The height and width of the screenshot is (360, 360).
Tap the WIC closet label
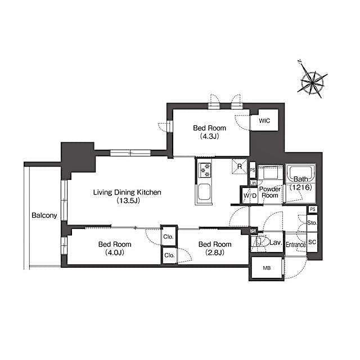coord(264,121)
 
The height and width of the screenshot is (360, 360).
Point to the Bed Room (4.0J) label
coord(115,248)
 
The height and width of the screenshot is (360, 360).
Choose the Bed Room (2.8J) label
coord(214,248)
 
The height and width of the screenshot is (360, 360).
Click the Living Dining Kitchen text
coord(127,192)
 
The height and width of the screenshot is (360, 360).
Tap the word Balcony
coord(44,215)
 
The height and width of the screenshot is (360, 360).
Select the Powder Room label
coord(270,192)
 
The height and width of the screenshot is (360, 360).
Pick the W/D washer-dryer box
coord(250,195)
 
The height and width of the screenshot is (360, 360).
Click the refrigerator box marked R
coord(239,166)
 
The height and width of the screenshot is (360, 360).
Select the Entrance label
coord(295,245)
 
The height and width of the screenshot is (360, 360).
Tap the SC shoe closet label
coord(313,242)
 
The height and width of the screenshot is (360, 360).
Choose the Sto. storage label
coord(313,223)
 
